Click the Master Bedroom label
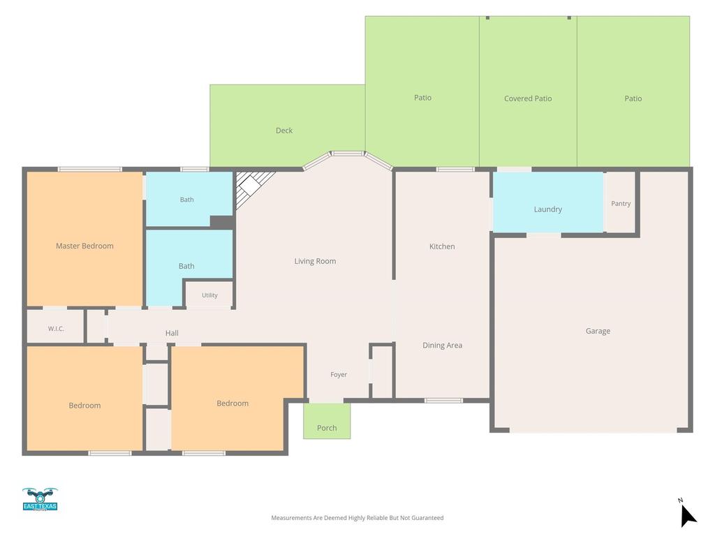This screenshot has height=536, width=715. (x=84, y=246)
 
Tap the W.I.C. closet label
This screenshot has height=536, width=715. (x=56, y=329)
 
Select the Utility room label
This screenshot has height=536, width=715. (x=209, y=295)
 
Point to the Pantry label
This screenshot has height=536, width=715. (x=621, y=204)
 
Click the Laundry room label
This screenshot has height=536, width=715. (x=547, y=209)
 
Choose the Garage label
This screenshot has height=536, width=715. (x=598, y=332)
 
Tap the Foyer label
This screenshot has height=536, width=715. (x=339, y=375)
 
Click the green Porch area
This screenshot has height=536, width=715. (x=327, y=421)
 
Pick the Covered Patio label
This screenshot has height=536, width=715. (x=528, y=98)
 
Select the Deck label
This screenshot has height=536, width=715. (x=284, y=131)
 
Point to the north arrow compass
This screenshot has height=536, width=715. (x=687, y=514)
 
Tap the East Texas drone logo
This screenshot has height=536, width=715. (x=40, y=500)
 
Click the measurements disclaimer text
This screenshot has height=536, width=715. (x=357, y=518)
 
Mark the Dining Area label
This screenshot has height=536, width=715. (x=442, y=345)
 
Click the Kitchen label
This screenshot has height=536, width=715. (x=442, y=246)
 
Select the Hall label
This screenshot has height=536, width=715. (x=172, y=333)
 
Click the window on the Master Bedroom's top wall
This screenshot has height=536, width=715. (x=90, y=170)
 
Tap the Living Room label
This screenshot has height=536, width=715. (x=315, y=261)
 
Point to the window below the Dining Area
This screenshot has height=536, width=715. (x=443, y=401)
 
